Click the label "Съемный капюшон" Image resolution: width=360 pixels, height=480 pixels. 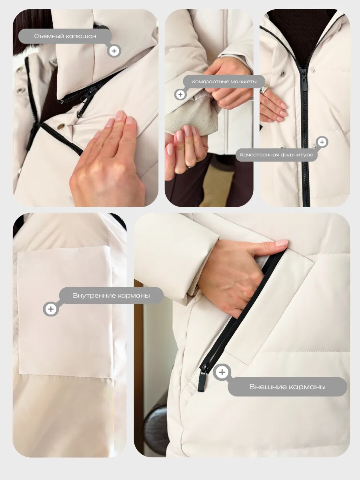pos(65,36)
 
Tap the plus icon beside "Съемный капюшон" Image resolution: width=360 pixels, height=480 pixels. pos(114,51)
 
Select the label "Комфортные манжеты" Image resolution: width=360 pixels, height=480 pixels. pos(224,82)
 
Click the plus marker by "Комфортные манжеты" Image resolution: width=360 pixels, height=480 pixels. pos(180,94)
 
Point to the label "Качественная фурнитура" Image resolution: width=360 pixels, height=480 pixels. pos(276,155)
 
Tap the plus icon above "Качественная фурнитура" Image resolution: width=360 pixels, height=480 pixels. pos(322,142)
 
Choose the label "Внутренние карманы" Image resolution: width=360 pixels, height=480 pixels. pos(111,296)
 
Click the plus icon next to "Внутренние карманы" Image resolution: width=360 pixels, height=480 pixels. pos(51,309)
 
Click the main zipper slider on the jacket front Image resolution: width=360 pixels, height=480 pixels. pos(304,79)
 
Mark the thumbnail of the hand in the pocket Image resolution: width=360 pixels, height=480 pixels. pos(282,243)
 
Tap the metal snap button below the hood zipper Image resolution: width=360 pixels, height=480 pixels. pos(61,126)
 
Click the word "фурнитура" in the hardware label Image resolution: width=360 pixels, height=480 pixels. pos(297,155)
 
